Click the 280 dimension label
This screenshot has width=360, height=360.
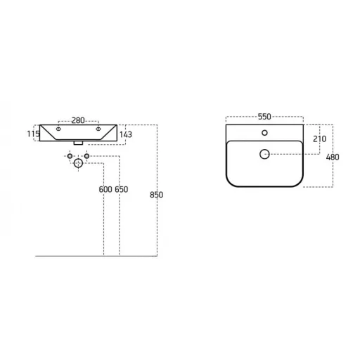(x=78, y=120)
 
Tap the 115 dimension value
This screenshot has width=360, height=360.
(x=33, y=134)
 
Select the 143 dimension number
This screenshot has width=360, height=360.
(x=126, y=134)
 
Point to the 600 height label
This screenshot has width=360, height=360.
(x=105, y=189)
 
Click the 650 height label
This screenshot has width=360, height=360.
(x=122, y=189)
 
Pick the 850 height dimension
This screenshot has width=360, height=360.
(x=156, y=195)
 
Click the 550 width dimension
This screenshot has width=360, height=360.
(x=264, y=117)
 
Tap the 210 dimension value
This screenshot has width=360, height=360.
(x=320, y=139)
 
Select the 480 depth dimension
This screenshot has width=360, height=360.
(x=333, y=157)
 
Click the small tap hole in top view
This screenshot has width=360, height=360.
(x=264, y=133)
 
